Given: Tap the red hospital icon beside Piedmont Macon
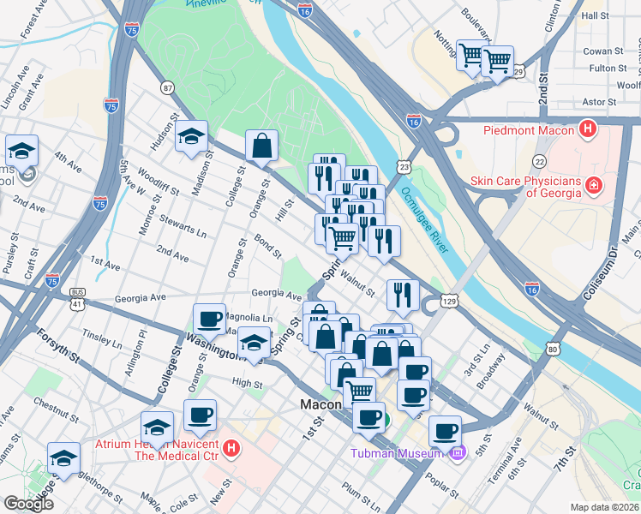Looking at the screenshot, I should pyautogui.click(x=588, y=130).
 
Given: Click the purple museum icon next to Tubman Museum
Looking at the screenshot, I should pyautogui.click(x=458, y=452).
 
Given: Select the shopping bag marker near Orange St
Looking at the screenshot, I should pyautogui.click(x=261, y=147).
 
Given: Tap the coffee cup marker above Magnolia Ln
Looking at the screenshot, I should pyautogui.click(x=209, y=320).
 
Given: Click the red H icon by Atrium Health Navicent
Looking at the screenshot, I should pyautogui.click(x=231, y=448).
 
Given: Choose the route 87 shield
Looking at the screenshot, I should pyautogui.click(x=167, y=87).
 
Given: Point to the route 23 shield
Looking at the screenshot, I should pyautogui.click(x=403, y=164).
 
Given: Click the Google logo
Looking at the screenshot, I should pyautogui.click(x=28, y=503).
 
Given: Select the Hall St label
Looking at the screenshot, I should pyautogui.click(x=594, y=15).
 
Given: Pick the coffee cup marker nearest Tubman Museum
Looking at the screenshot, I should pyautogui.click(x=444, y=431).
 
